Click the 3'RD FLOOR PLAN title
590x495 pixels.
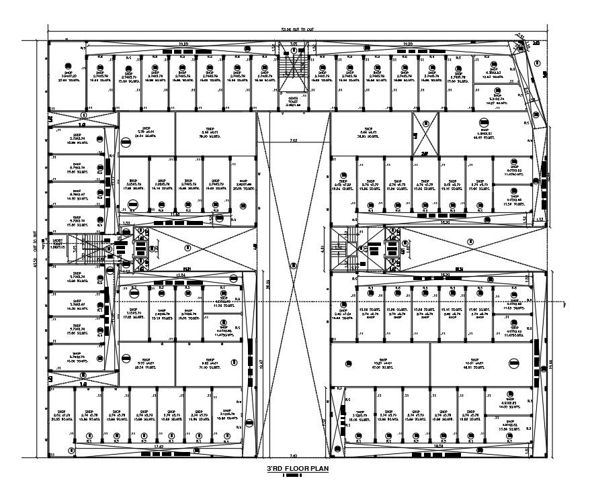coord(294,468)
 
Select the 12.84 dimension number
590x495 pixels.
coord(179,275)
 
